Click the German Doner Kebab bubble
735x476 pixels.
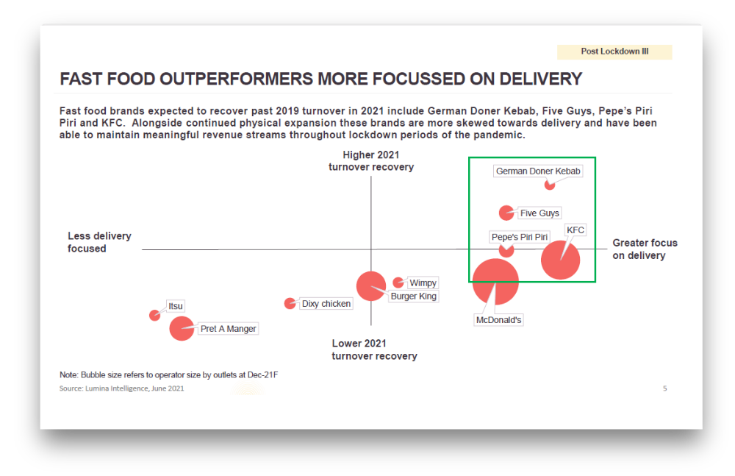coord(549,185)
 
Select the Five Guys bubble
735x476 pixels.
coord(506,213)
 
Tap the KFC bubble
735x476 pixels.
coord(561,260)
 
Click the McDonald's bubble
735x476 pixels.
coord(495,282)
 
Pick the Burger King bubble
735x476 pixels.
coord(371,286)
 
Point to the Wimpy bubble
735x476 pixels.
coord(398,282)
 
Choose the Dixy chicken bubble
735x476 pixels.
coord(290,303)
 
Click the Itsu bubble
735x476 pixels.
coord(154,315)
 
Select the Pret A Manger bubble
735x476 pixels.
coord(182,328)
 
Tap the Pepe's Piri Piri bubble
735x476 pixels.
coord(506,249)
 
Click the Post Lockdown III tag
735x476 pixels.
coord(614,51)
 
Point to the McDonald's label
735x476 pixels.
coord(499,320)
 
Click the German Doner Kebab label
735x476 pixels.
coord(538,171)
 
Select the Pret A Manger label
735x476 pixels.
coord(229,329)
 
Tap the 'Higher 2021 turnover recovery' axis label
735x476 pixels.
coord(371,160)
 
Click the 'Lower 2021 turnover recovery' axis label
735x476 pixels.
coord(374,349)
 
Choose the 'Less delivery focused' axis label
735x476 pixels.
coord(99,242)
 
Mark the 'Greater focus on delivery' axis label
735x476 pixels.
coord(645,249)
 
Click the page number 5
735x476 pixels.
coord(664,388)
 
